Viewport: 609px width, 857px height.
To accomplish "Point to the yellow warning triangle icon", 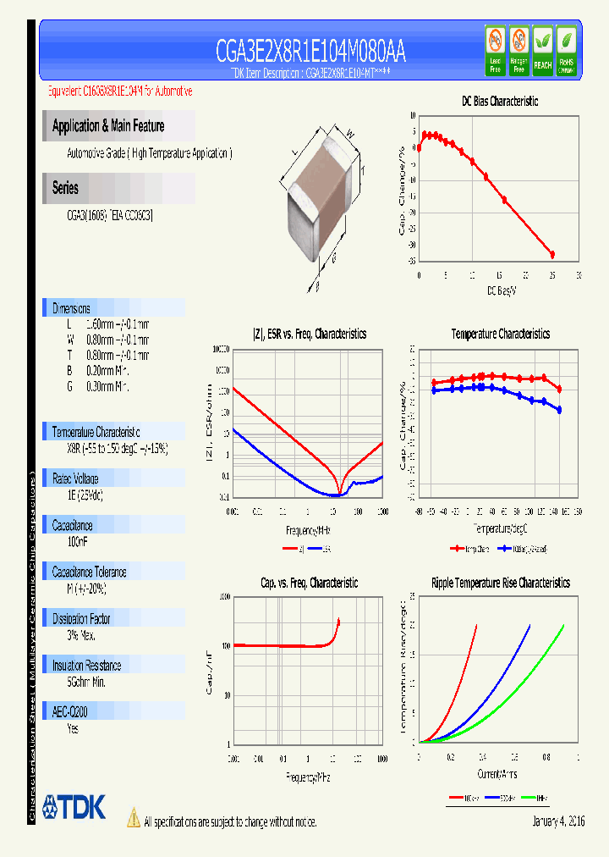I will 133,818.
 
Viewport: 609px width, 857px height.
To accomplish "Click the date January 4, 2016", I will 558,821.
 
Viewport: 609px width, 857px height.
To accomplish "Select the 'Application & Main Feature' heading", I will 108,126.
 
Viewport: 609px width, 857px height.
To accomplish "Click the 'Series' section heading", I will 65,188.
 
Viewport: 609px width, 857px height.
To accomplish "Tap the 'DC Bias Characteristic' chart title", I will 500,101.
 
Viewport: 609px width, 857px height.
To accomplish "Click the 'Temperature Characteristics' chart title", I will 500,335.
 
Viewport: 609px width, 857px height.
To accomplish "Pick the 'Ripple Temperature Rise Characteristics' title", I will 500,583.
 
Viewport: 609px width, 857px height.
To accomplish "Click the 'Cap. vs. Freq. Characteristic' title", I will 309,583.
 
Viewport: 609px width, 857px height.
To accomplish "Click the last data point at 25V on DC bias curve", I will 552,254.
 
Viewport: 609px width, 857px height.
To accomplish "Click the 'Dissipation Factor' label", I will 81,619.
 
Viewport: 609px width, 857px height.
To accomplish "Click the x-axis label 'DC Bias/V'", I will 500,290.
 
